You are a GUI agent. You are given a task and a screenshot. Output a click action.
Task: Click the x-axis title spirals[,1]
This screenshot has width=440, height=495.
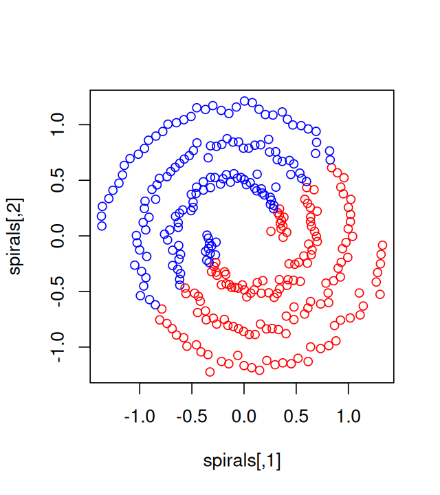(x=242, y=461)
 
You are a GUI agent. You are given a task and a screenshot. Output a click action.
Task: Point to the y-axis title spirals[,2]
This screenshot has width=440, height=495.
(x=15, y=236)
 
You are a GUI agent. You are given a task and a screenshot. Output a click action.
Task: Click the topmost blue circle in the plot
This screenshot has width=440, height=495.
(x=245, y=101)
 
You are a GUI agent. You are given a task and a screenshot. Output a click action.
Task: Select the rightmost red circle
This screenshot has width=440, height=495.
(x=383, y=245)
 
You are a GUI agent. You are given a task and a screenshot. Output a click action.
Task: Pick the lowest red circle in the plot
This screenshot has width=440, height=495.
(x=210, y=372)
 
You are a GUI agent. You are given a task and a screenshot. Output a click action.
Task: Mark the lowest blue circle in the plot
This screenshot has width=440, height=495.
(x=156, y=305)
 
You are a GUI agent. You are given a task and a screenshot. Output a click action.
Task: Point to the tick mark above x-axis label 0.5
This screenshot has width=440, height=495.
(x=296, y=386)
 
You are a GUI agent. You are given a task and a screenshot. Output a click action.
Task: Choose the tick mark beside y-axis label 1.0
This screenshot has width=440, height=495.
(x=87, y=124)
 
